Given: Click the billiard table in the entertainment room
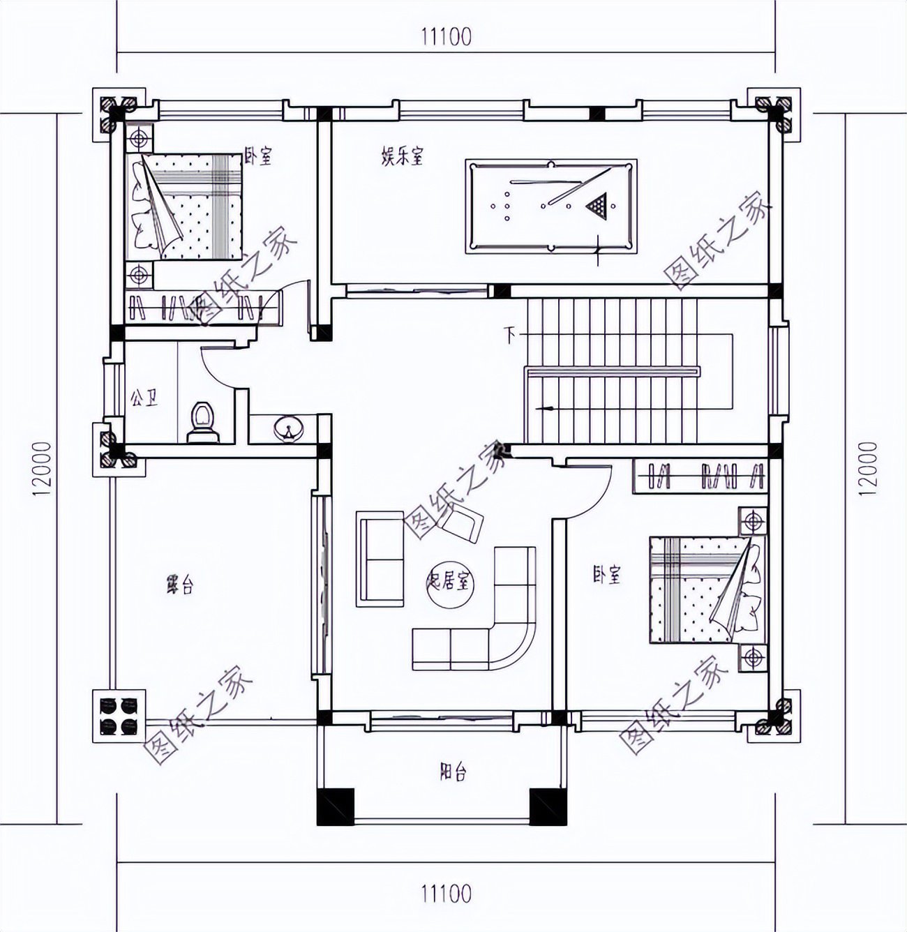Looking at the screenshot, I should click(550, 205).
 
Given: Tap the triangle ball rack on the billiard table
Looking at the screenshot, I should click(597, 205).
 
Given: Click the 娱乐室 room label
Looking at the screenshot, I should click(402, 157).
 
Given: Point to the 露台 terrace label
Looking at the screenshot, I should click(179, 585).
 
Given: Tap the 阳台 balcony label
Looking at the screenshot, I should click(453, 772).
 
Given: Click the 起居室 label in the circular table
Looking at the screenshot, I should click(451, 581).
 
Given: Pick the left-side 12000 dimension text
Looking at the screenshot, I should click(41, 468).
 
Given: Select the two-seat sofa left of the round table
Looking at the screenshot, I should click(381, 559).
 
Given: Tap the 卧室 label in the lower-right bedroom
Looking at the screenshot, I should click(606, 576).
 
